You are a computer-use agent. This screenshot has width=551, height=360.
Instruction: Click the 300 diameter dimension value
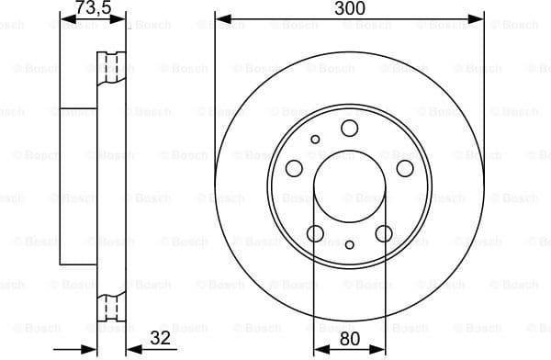point(349,8)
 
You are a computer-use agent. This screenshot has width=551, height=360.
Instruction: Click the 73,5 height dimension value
point(91,8)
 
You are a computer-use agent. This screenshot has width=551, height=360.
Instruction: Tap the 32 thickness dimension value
point(161,339)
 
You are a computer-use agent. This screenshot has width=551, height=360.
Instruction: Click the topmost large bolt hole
point(350,129)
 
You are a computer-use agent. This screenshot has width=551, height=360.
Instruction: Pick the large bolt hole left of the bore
point(294,168)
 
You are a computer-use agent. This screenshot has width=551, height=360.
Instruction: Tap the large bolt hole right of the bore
point(405,168)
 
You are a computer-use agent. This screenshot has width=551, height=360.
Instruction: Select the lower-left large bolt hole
point(315,233)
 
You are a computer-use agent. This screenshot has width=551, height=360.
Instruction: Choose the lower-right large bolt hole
point(384,233)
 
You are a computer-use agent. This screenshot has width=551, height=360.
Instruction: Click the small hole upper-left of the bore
point(316,140)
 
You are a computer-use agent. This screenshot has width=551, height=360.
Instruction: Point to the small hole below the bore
point(350,244)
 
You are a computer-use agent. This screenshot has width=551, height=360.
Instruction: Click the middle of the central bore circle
point(350,187)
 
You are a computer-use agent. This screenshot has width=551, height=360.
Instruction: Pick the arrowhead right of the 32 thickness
point(129,349)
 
